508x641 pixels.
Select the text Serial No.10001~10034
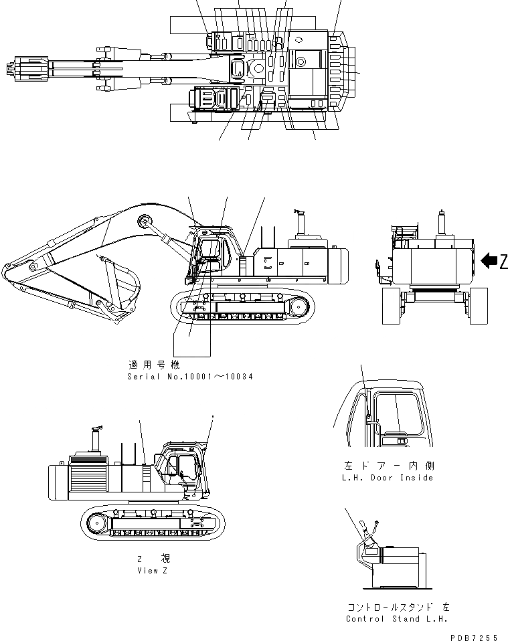tap(189, 377)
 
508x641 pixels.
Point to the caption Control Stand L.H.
tap(392, 619)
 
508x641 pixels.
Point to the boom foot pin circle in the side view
tap(143, 221)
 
